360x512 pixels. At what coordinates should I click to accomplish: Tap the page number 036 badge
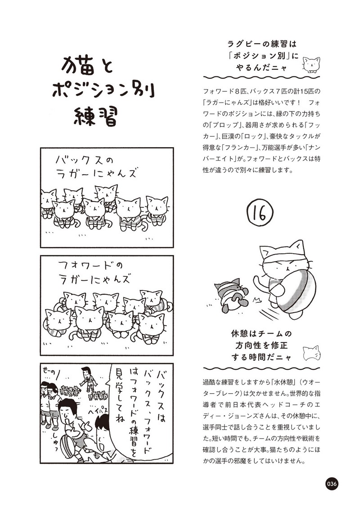(331, 484)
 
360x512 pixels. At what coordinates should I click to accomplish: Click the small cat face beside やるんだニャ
(311, 64)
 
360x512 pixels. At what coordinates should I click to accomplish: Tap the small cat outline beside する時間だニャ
(311, 353)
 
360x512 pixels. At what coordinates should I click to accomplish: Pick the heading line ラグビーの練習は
(261, 44)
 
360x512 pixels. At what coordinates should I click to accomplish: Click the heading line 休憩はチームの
(261, 333)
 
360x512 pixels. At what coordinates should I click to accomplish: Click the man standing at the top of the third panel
(87, 379)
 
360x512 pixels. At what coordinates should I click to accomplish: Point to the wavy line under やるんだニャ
(261, 78)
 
